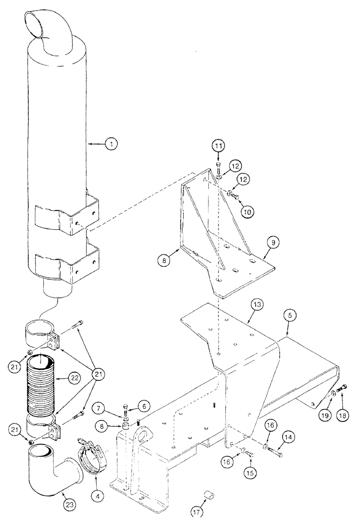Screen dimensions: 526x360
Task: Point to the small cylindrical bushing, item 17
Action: tap(210, 493)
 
